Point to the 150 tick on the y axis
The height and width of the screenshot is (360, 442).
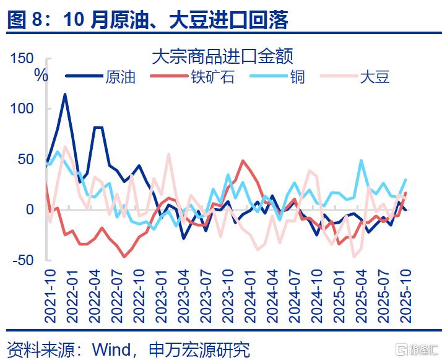22,58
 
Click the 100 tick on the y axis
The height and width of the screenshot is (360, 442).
22,108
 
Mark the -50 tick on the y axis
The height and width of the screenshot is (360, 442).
23,260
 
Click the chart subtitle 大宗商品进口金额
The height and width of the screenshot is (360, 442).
222,57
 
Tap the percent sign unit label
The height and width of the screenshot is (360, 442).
41,76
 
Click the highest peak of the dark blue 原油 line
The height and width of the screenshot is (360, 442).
65,94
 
